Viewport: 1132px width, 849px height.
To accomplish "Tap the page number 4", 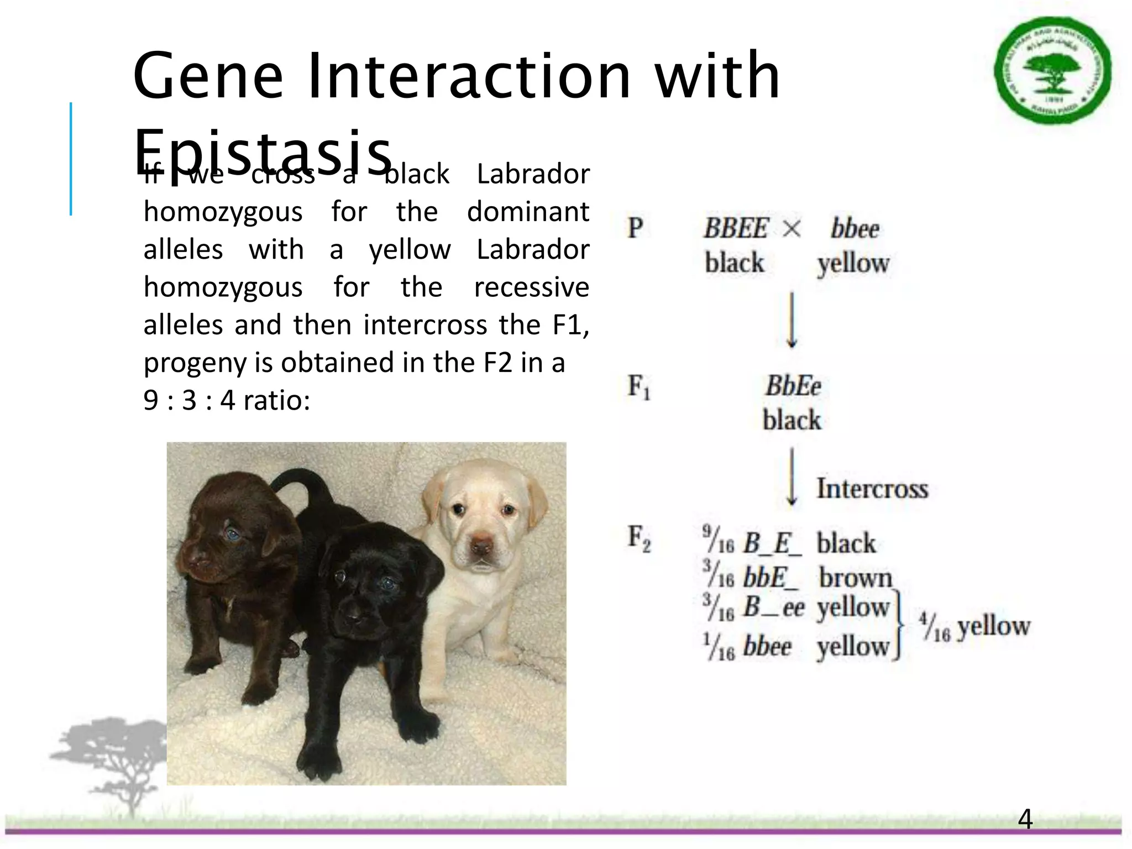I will click(x=1025, y=820).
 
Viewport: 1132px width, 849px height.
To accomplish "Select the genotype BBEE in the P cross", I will click(x=736, y=228).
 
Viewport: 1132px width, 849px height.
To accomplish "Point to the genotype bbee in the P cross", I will click(x=855, y=228).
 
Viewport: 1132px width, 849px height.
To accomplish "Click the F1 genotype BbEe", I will click(x=793, y=386).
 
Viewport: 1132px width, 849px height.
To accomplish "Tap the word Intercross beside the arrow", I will click(x=872, y=489).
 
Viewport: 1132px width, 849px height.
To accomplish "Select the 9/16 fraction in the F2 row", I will click(x=717, y=540).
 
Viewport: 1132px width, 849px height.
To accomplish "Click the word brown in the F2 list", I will click(x=855, y=578).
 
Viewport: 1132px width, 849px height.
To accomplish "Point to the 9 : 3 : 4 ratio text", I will click(x=227, y=400).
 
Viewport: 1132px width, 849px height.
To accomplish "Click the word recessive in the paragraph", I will click(x=531, y=287).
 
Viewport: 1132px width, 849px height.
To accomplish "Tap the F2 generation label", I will click(x=639, y=538).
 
